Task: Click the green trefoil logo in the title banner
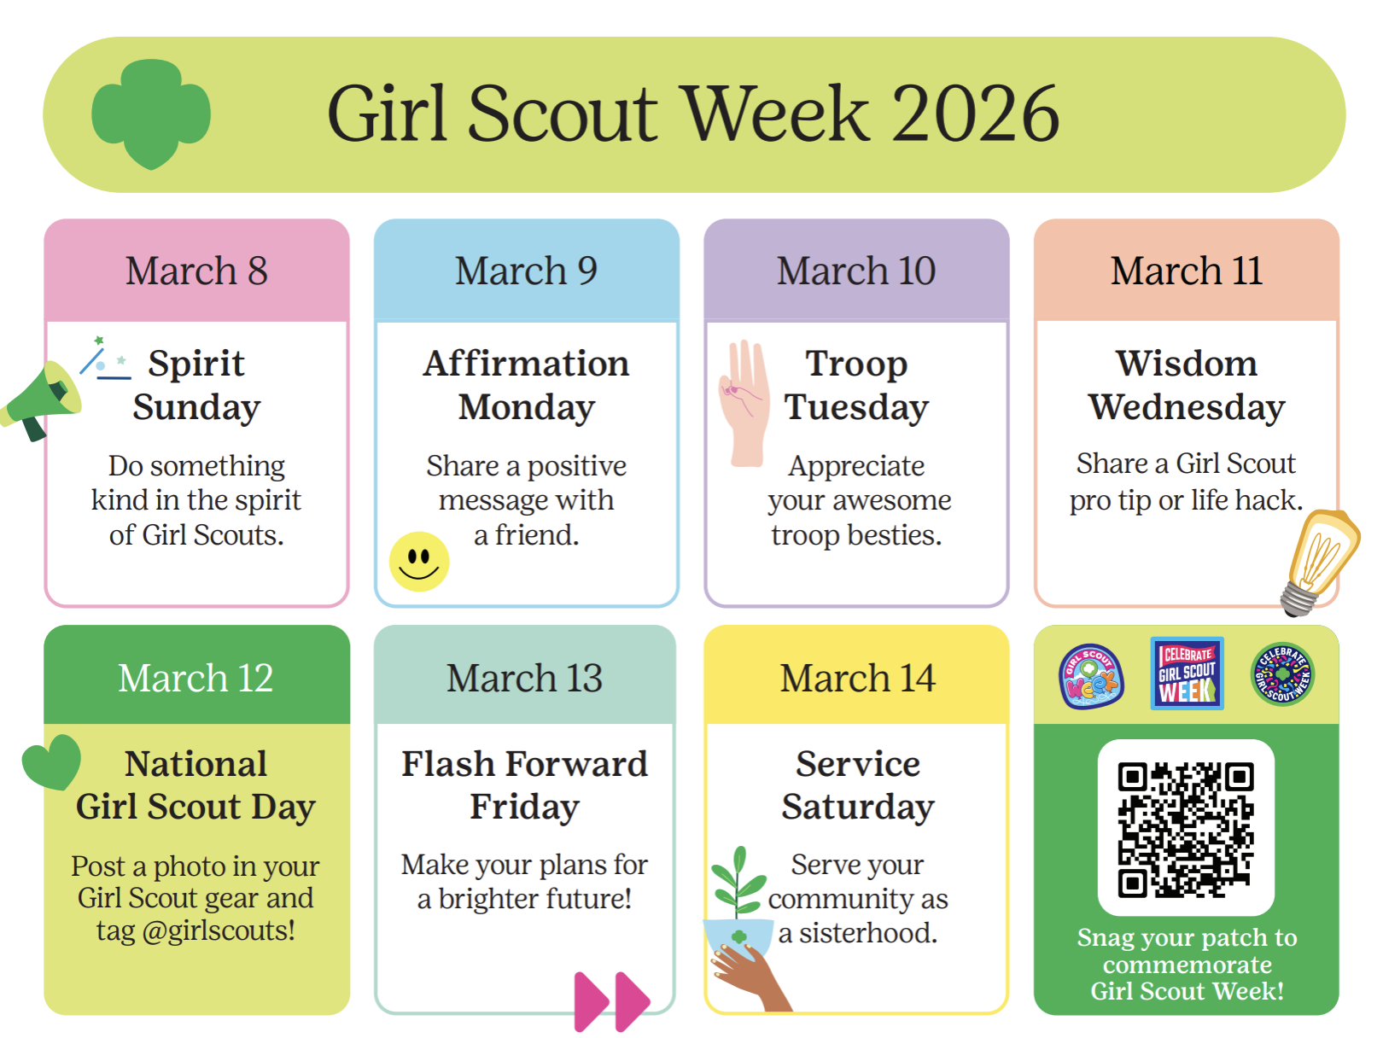151,114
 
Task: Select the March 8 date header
196,271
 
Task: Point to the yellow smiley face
419,562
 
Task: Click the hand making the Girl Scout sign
744,404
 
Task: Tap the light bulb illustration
1319,562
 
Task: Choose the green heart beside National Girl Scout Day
52,762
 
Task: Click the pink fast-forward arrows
612,1001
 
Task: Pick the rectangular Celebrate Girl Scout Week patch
1187,674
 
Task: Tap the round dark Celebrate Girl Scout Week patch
1283,674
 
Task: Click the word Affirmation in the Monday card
527,364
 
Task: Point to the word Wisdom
1187,364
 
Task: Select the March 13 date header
525,679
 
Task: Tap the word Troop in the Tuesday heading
856,364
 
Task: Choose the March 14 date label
857,679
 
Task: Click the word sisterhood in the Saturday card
868,933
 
